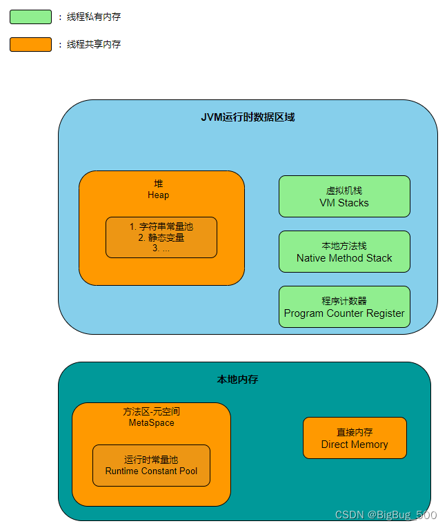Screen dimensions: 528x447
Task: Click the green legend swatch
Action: coord(30,17)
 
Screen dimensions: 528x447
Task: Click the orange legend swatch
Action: coord(30,44)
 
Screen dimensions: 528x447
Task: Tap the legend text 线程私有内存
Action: coord(93,17)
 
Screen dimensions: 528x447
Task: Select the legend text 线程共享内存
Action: coord(93,44)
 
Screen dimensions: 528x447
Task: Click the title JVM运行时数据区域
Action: coord(248,117)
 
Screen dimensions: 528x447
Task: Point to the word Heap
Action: coord(158,195)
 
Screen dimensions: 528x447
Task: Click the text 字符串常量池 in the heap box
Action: coord(166,226)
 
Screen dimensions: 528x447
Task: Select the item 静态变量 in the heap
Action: coord(166,237)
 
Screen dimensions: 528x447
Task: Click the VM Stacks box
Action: coord(344,197)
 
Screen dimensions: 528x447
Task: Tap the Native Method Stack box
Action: coord(344,252)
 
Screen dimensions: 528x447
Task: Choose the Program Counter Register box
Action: coord(344,307)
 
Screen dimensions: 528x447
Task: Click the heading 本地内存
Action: coord(237,380)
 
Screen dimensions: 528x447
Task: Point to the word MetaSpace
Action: coord(152,422)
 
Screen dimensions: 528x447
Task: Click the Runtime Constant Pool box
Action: coord(151,465)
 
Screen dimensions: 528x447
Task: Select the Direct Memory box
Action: coord(355,438)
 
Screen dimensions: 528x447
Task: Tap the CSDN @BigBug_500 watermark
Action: coord(386,515)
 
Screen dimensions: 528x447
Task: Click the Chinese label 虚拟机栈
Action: coord(344,190)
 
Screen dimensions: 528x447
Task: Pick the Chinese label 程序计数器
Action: coord(344,301)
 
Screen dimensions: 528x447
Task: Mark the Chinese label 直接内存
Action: coord(355,432)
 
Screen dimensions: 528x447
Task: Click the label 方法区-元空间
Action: coord(152,411)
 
